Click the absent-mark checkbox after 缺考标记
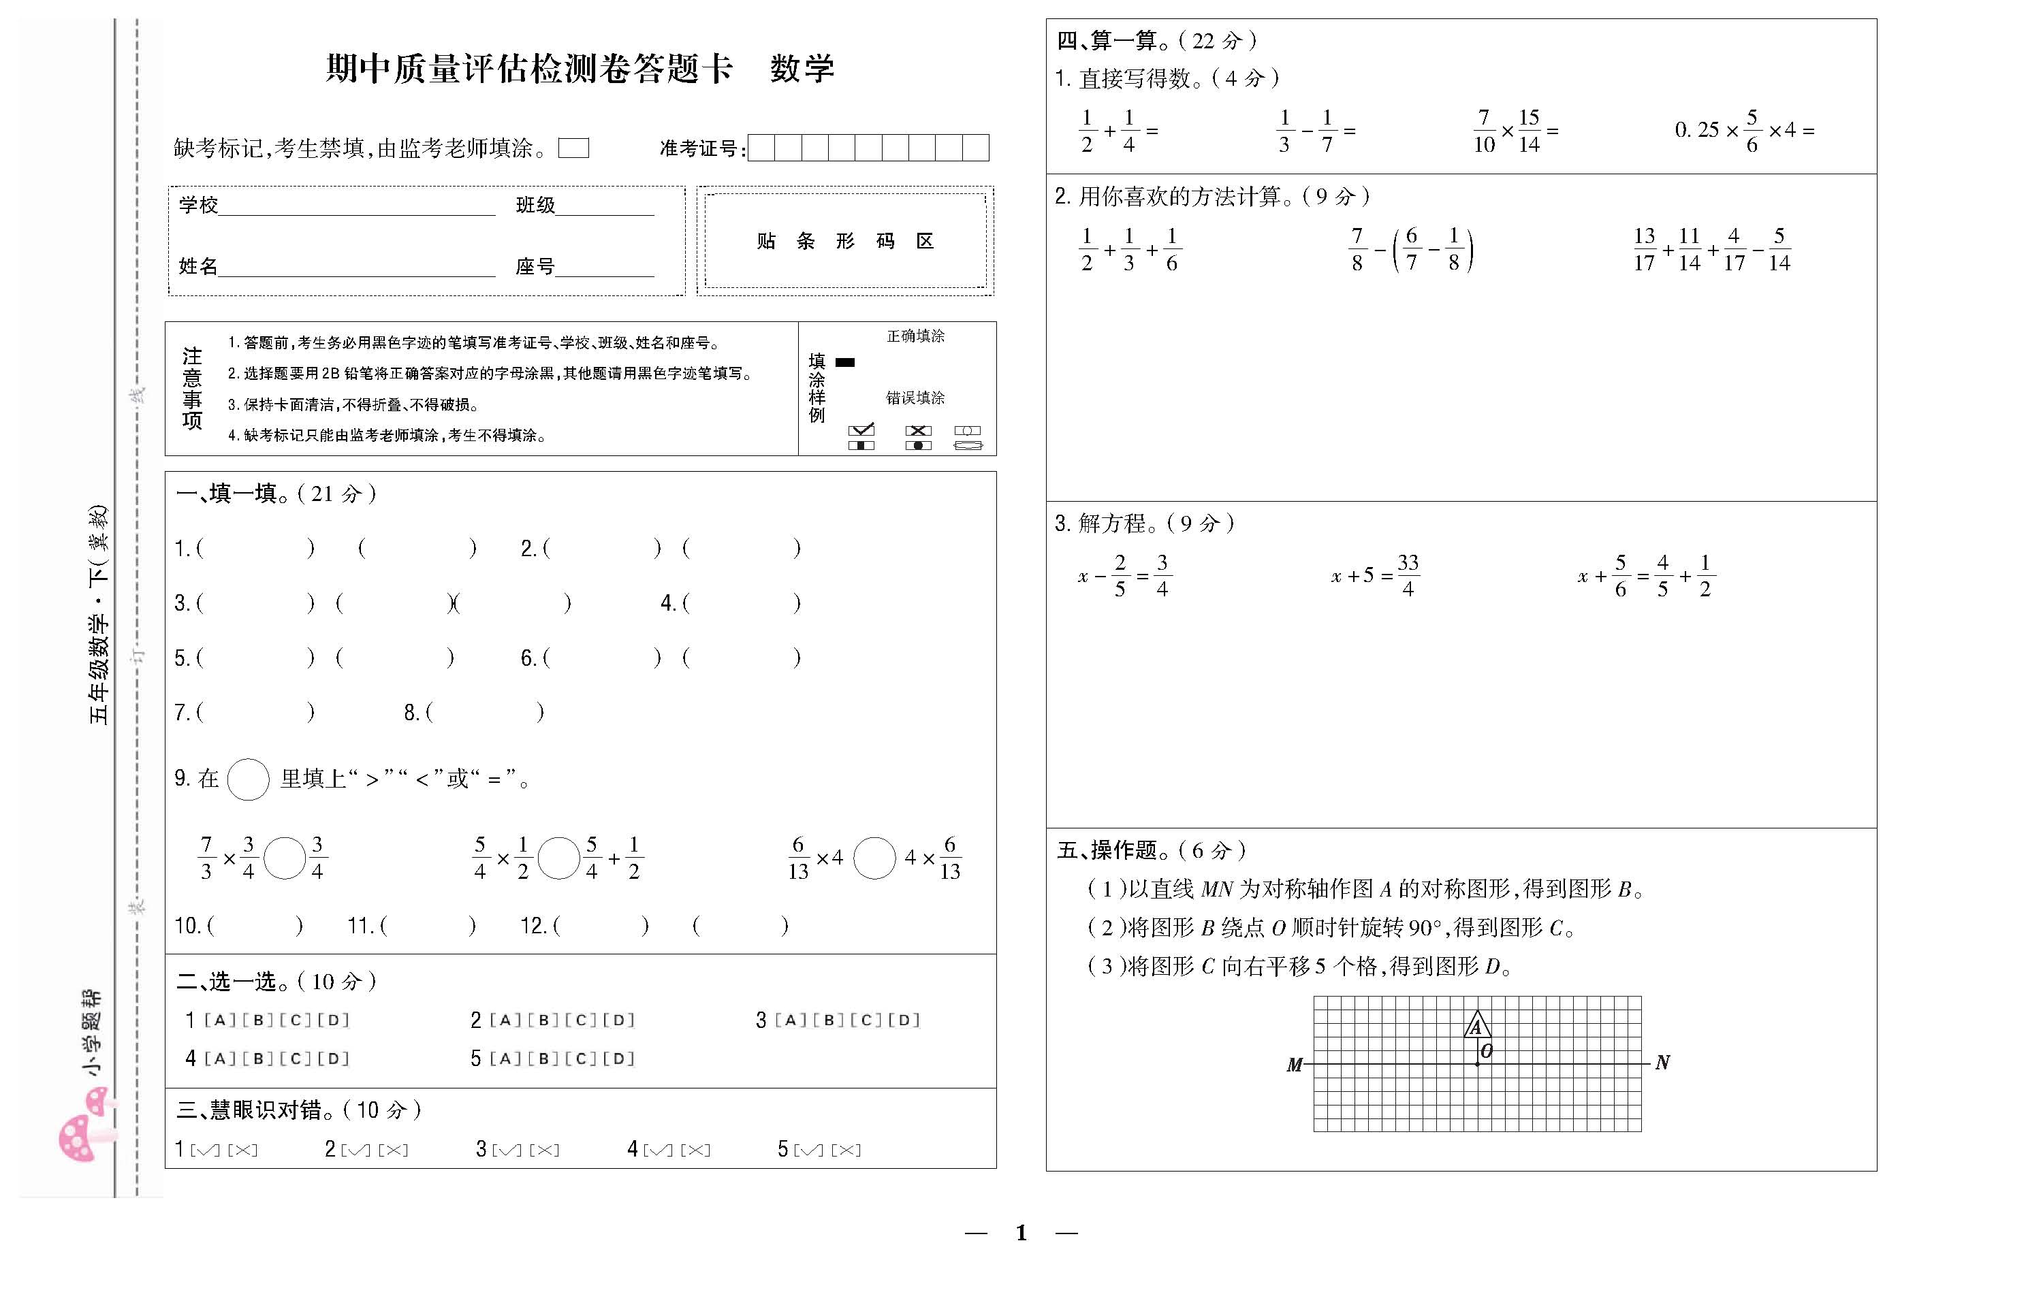pyautogui.click(x=574, y=148)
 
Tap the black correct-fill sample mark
pyautogui.click(x=844, y=362)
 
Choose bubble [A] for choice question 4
pyautogui.click(x=219, y=1059)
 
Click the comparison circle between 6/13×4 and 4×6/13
pyautogui.click(x=874, y=858)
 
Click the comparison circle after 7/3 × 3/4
pyautogui.click(x=285, y=858)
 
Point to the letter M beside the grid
pyautogui.click(x=1295, y=1064)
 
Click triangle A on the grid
pyautogui.click(x=1477, y=1025)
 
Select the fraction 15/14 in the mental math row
pyautogui.click(x=1529, y=131)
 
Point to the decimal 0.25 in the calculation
pyautogui.click(x=1696, y=130)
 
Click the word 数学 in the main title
pyautogui.click(x=802, y=69)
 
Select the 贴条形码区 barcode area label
pyautogui.click(x=845, y=241)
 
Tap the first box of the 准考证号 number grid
pyautogui.click(x=761, y=148)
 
